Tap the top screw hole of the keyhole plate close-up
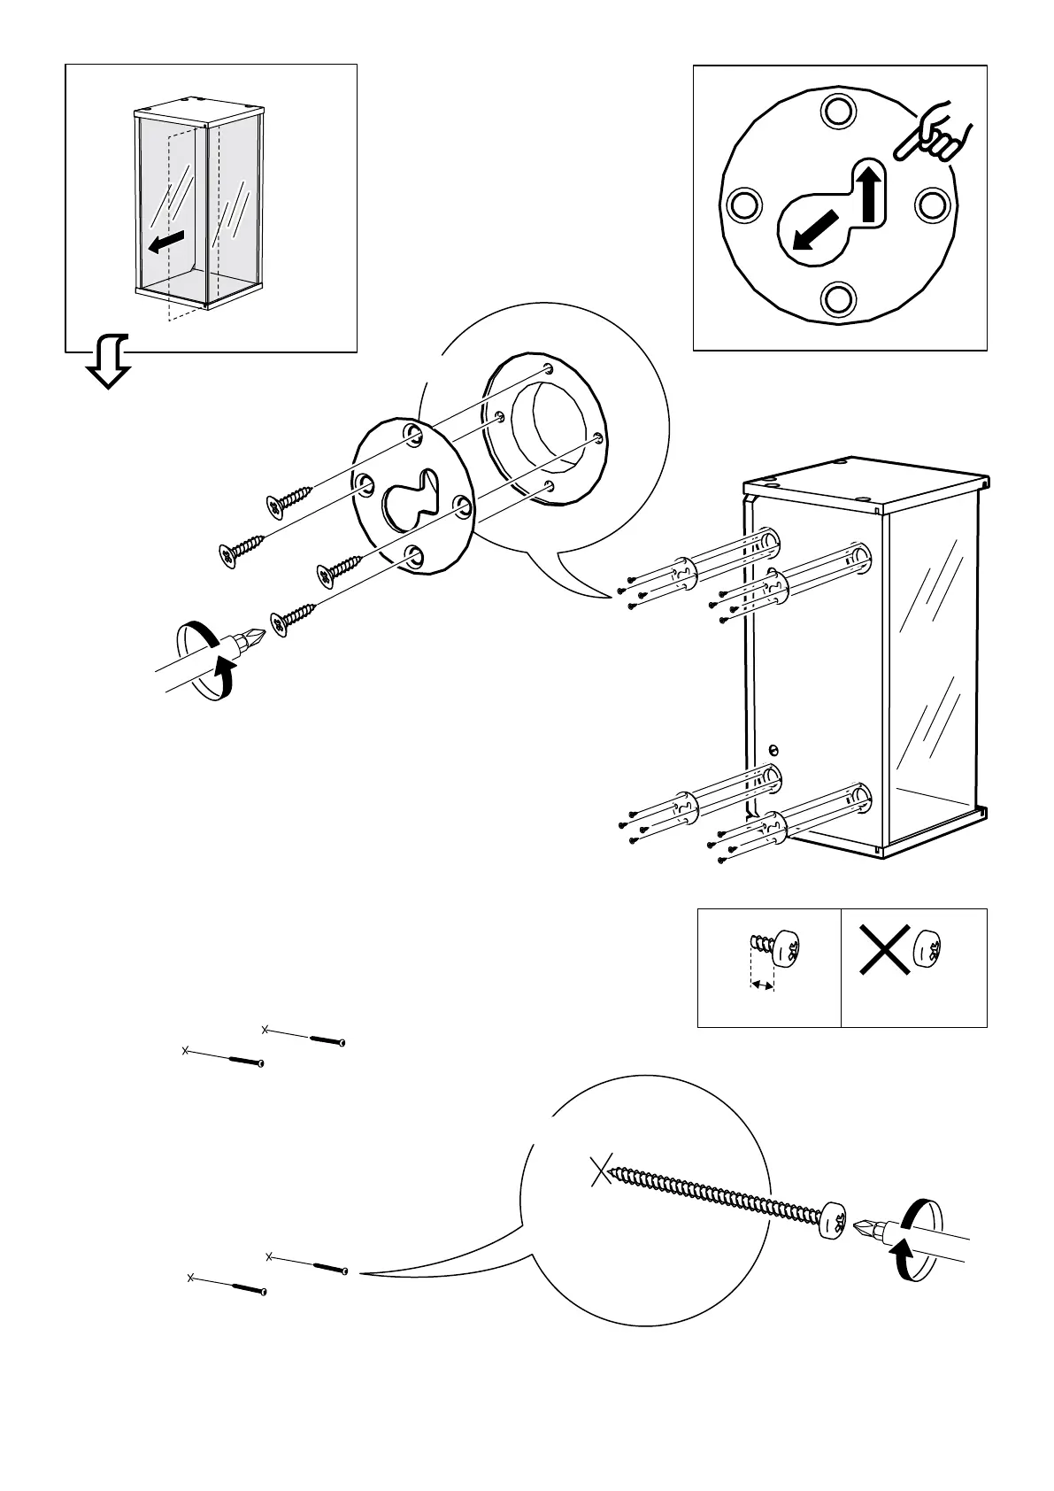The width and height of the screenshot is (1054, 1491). click(x=835, y=112)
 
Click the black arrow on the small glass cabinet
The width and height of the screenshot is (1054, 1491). click(x=166, y=241)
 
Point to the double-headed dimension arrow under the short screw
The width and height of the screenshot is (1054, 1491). click(x=762, y=983)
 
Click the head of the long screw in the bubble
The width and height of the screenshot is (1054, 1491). click(x=832, y=1223)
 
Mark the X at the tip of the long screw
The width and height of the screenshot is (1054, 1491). click(x=601, y=1173)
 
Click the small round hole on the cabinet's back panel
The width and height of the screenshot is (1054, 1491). click(x=774, y=750)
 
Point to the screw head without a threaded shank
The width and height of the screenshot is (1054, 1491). click(x=927, y=949)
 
